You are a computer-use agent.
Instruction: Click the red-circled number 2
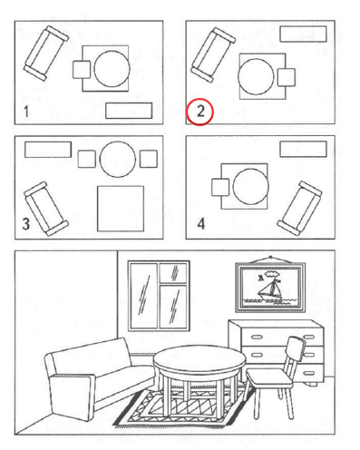click(200, 112)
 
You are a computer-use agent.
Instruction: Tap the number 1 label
click(26, 112)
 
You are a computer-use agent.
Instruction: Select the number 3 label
click(26, 224)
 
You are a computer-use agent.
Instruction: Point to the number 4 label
click(201, 224)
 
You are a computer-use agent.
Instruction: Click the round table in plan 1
click(112, 69)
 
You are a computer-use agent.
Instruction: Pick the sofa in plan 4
click(299, 208)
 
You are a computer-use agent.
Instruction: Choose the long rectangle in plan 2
click(303, 34)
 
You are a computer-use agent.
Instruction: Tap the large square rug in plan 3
click(121, 209)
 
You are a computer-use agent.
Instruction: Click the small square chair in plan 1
click(82, 70)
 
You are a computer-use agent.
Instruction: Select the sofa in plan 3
click(46, 209)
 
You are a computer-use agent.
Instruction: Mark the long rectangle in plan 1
click(129, 111)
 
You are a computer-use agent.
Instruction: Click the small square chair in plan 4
click(220, 187)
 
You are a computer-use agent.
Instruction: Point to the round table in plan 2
click(256, 76)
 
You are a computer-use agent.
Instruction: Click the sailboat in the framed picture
click(270, 290)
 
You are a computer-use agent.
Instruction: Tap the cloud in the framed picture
click(272, 274)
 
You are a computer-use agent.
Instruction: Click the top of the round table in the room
click(199, 359)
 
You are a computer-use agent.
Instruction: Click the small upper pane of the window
click(172, 272)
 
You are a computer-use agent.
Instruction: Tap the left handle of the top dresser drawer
click(257, 337)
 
